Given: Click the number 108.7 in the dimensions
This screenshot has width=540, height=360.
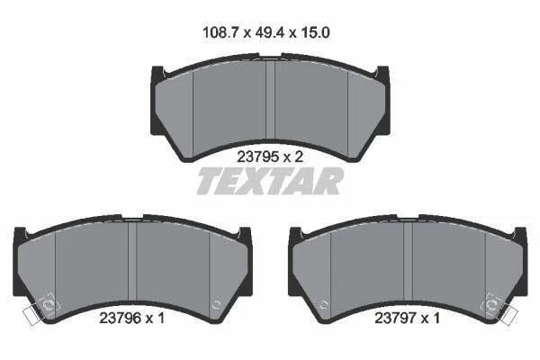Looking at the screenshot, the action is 221,32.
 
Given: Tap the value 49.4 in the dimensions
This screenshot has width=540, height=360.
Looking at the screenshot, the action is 270,32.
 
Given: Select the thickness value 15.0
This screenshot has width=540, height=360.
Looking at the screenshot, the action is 315,32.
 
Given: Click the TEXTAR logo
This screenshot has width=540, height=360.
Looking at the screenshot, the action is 270,181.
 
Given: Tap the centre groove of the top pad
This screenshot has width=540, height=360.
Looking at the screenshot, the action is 270,99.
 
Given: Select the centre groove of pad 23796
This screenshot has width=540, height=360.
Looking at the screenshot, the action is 132,261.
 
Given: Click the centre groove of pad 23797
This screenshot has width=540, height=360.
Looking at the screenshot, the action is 408,261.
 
